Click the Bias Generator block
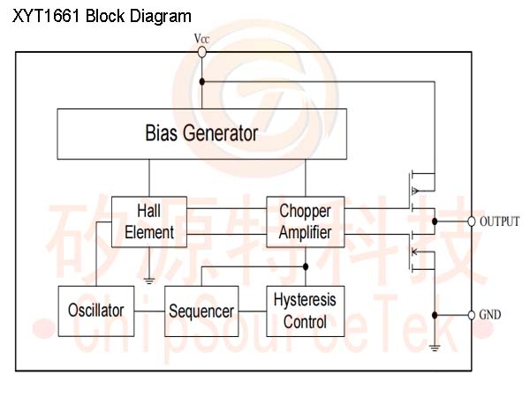point(201,134)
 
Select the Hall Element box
point(149,221)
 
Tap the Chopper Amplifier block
point(306,221)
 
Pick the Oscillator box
point(96,311)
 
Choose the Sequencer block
point(201,311)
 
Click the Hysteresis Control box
point(306,311)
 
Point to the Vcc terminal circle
point(201,52)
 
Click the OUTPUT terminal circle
point(472,221)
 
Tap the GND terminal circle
point(472,315)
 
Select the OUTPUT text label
point(499,221)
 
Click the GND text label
point(490,315)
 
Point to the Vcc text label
point(201,39)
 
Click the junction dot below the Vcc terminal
point(201,82)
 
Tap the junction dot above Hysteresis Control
point(306,266)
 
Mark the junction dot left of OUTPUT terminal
point(435,221)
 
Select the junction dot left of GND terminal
point(435,315)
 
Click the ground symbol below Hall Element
point(149,281)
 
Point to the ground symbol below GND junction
point(435,348)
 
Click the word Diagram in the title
point(160,16)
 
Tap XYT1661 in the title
point(46,16)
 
